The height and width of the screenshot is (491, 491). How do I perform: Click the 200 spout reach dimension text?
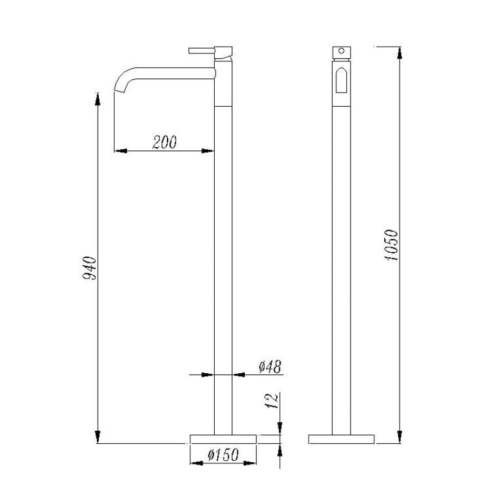pos(164,142)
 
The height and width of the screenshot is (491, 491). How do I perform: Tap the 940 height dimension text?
pos(90,268)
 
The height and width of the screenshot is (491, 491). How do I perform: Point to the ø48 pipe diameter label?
pos(269,367)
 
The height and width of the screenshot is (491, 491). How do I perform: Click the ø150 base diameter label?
pos(223,455)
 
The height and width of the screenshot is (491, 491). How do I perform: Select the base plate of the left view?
pos(223,439)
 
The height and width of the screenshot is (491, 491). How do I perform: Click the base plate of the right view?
pos(341,439)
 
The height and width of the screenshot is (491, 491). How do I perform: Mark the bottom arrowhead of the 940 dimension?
pos(97,436)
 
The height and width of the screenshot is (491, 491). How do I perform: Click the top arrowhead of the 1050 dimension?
pos(400,51)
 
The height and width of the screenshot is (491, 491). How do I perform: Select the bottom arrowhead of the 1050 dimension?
pos(400,436)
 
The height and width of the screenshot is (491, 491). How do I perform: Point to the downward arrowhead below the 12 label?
pos(280,428)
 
